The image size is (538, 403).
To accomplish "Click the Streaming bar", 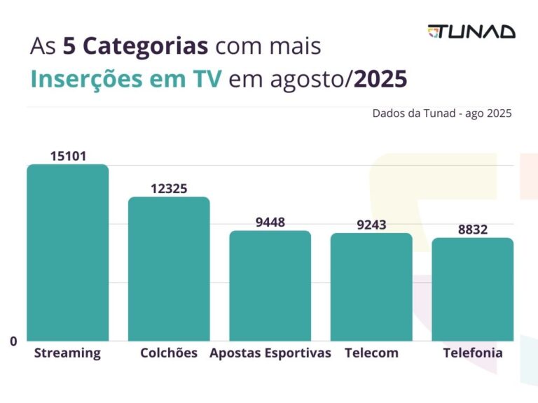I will coord(68,253).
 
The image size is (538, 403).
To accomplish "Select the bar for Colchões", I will coord(168,269).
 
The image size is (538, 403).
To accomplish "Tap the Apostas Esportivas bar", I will coord(270,285).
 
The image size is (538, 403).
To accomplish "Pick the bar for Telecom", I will coord(371,287).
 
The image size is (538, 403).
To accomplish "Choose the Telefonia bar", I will coord(472,289).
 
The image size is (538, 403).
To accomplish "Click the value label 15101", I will coord(68,156).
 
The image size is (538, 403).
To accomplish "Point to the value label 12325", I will coord(169,188).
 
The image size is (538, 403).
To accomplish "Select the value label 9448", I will coord(270,222).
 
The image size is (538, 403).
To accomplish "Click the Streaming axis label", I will coord(67,353).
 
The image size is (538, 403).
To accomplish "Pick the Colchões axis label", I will coord(169,353).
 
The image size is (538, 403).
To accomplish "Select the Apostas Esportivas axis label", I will coord(270,353).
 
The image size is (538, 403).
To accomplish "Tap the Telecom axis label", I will coord(371,353).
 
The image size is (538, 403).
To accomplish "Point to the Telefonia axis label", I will coord(473,353).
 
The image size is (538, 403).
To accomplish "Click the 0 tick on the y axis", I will coord(13,341).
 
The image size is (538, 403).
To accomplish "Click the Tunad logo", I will coord(471,31).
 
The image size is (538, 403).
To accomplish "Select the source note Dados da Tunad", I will coord(442,113).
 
